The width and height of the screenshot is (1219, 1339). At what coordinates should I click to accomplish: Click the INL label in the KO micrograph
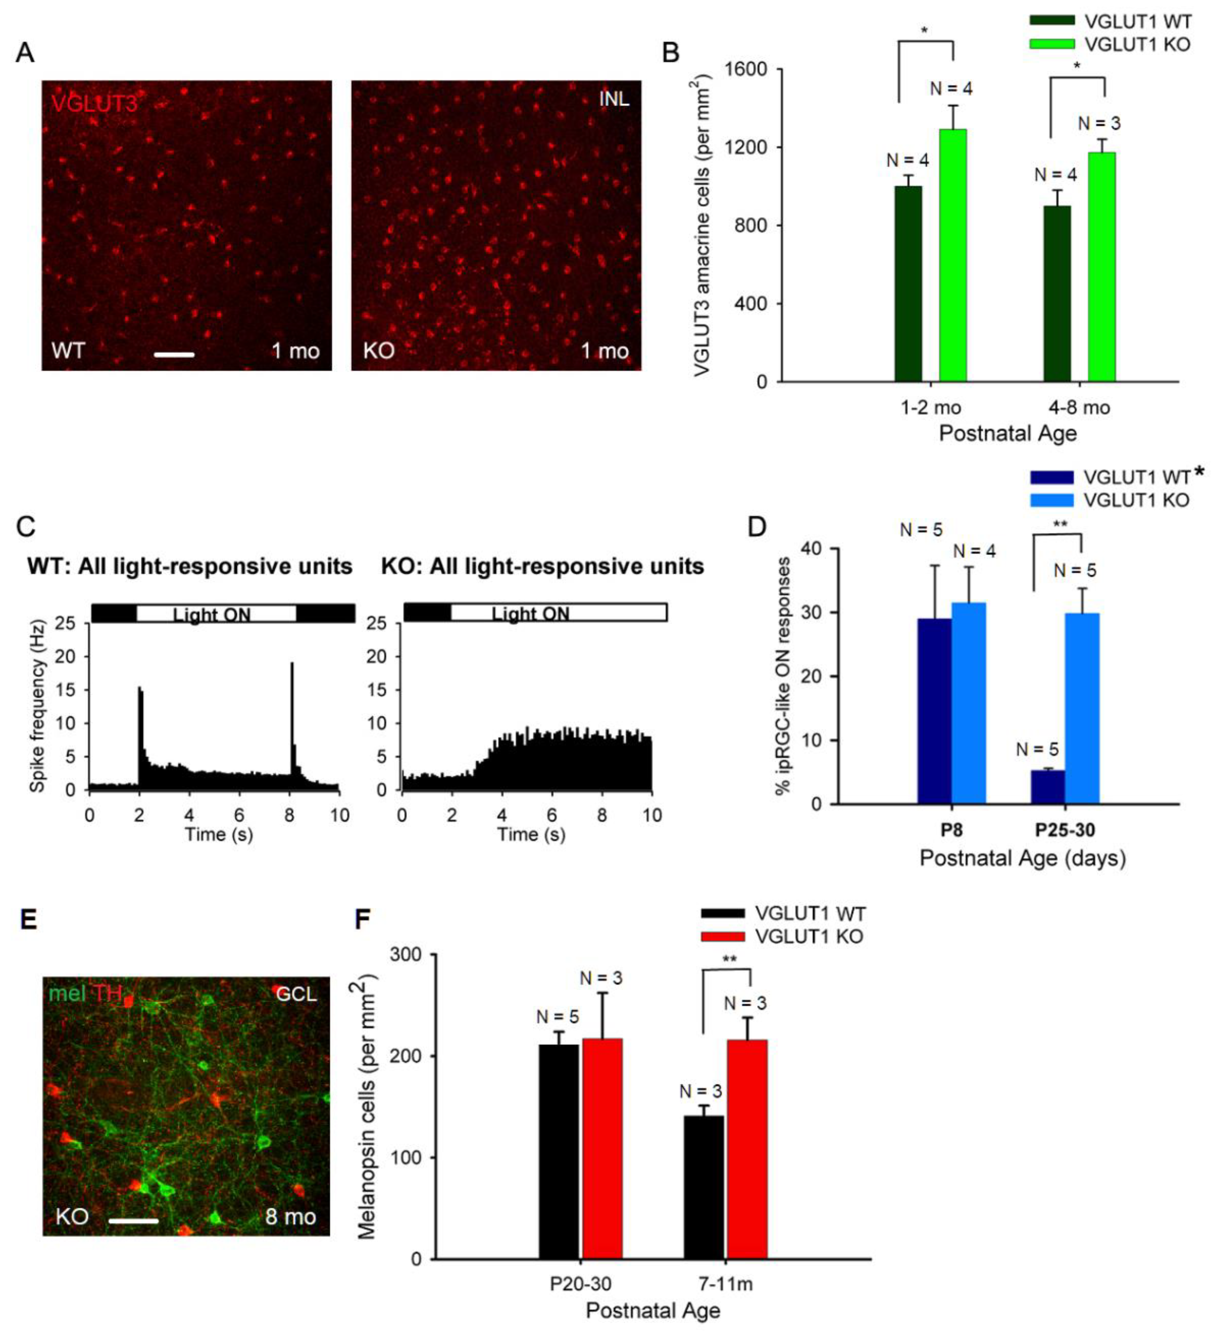(x=614, y=99)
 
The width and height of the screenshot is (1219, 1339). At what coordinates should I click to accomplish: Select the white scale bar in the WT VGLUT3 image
(x=174, y=355)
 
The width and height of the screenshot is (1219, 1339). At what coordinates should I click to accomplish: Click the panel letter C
(x=25, y=527)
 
